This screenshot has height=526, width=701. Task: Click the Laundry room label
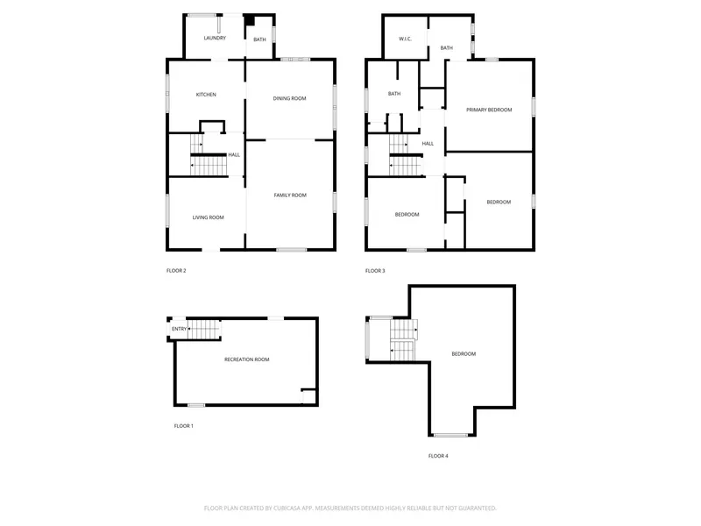[x=215, y=38]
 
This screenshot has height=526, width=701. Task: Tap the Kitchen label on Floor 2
[x=206, y=95]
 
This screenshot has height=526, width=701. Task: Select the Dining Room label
[x=290, y=98]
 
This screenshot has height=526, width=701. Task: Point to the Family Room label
[x=290, y=195]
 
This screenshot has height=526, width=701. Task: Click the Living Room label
[x=209, y=217]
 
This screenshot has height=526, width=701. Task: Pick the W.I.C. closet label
[x=405, y=39]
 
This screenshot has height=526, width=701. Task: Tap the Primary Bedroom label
[x=489, y=110]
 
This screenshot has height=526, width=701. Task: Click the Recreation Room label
[x=247, y=359]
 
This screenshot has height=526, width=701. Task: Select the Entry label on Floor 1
[x=180, y=329]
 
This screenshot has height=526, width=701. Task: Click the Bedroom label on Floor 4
[x=464, y=354]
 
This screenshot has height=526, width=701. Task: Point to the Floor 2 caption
[x=176, y=271]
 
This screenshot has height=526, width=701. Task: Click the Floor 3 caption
[x=375, y=271]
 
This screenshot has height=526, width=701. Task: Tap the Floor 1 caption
[x=184, y=426]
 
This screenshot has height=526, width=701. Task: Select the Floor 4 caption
[x=438, y=456]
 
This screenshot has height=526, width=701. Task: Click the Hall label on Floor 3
[x=428, y=144]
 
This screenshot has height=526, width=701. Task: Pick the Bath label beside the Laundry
[x=259, y=39]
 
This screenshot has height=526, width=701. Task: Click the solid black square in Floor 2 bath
[x=249, y=20]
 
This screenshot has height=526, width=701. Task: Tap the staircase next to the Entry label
[x=204, y=330]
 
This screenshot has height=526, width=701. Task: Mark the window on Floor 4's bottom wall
[x=451, y=435]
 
